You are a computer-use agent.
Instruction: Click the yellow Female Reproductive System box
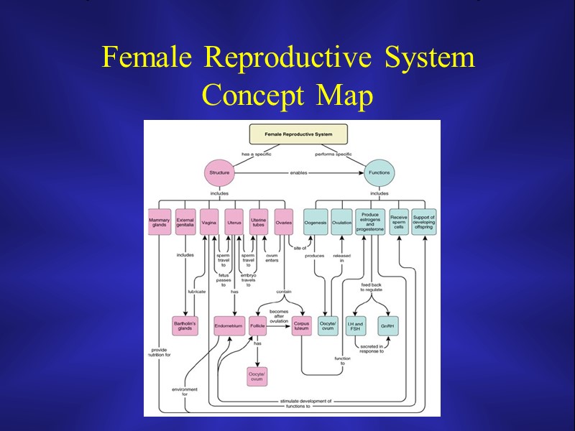(298, 134)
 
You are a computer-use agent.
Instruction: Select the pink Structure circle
(218, 172)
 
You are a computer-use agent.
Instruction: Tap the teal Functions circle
(379, 172)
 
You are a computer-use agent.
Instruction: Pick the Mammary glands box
(159, 222)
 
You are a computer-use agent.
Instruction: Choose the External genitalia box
(185, 222)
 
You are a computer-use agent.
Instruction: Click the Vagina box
(209, 222)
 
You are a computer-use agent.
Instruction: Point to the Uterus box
(234, 222)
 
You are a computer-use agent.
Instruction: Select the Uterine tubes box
(259, 222)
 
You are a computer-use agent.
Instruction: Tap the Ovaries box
(283, 222)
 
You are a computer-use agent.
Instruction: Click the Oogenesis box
(316, 222)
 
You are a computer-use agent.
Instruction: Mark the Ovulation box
(342, 222)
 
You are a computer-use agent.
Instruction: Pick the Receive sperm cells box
(398, 222)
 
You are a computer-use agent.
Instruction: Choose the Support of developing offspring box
(424, 222)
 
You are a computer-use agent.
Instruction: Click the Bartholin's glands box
(185, 326)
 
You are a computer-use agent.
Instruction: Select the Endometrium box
(229, 326)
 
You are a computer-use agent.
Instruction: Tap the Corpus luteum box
(302, 326)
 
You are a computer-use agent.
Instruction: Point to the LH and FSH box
(355, 326)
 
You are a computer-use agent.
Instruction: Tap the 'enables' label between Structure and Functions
(299, 172)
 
